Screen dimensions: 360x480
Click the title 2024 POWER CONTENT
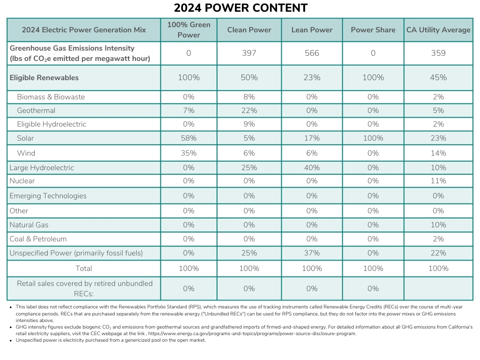(240, 8)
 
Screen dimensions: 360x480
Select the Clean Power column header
(249, 30)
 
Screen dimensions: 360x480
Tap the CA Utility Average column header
(438, 30)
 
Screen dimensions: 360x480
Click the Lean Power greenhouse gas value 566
(312, 53)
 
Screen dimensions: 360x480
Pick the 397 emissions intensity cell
(249, 53)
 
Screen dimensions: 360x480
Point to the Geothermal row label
(36, 111)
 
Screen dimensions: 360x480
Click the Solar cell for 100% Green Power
(188, 138)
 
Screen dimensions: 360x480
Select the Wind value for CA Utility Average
(438, 153)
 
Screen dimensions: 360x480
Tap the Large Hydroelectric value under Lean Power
(312, 168)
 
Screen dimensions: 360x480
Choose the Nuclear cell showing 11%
(438, 181)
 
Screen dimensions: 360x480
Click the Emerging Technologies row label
(48, 196)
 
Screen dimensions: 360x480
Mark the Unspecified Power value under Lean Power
(312, 253)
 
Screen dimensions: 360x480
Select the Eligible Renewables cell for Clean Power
(249, 78)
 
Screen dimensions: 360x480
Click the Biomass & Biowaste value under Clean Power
(249, 97)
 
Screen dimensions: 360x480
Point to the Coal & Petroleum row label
(38, 239)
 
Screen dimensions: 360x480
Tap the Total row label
(84, 269)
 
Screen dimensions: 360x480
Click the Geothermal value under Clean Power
(249, 111)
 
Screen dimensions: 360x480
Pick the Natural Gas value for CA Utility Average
(438, 225)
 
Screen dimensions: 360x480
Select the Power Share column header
(373, 30)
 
